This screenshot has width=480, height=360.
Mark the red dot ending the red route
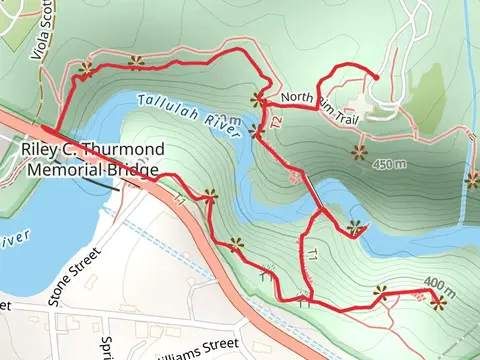click(376, 77)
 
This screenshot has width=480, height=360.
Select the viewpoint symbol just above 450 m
click(358, 151)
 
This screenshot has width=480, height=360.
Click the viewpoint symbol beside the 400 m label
click(437, 301)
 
